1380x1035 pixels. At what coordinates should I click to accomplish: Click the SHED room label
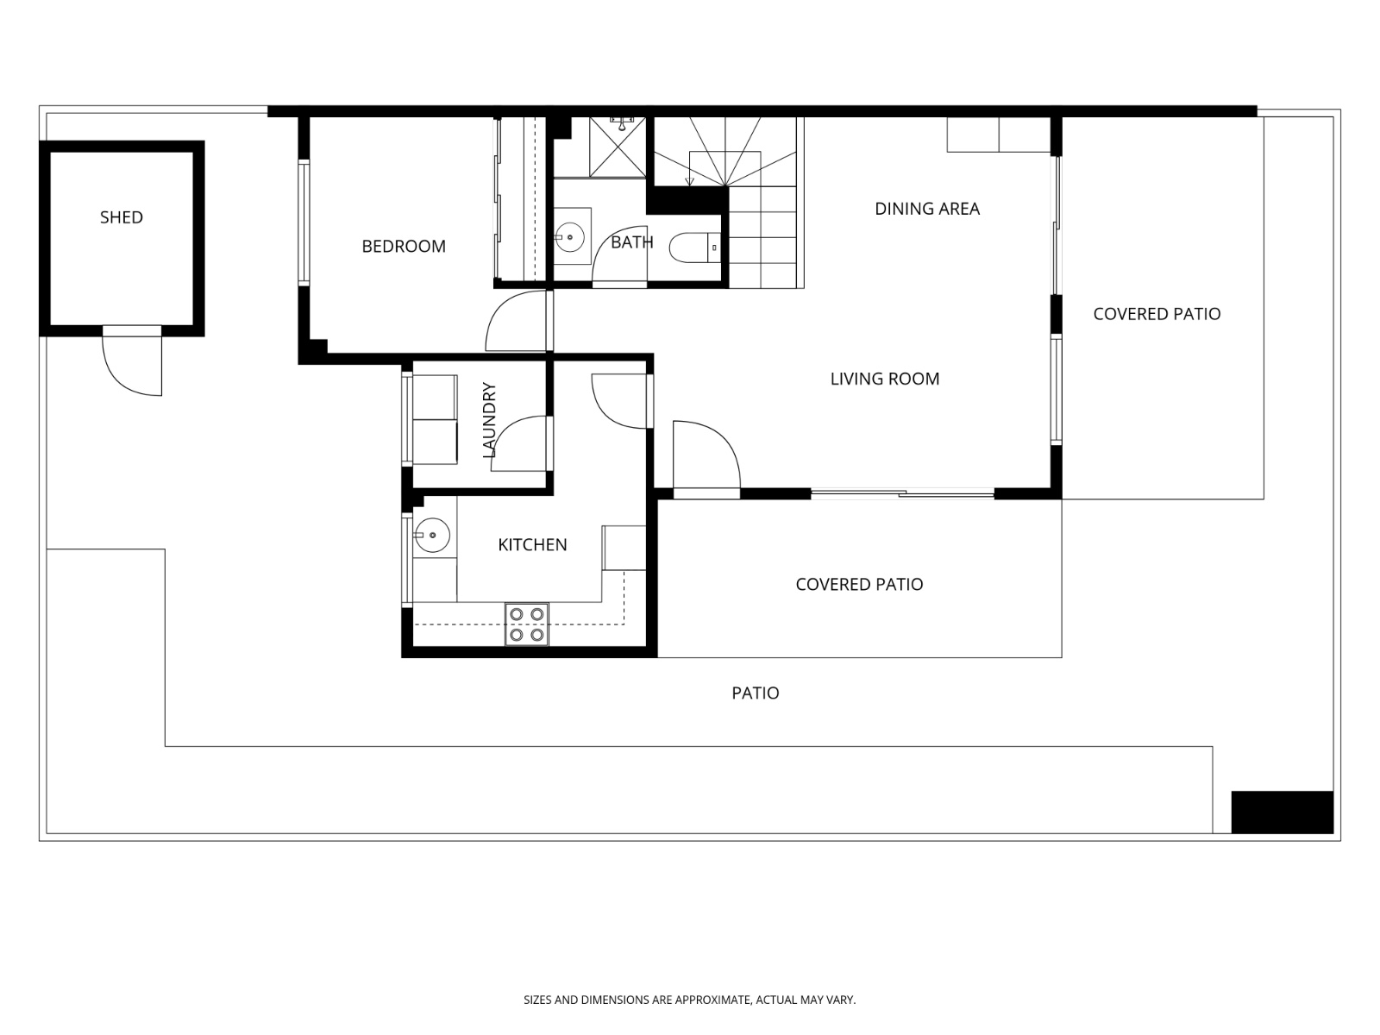coord(121,217)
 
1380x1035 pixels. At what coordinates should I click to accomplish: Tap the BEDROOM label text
coord(404,247)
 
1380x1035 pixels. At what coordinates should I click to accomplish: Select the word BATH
coord(631,242)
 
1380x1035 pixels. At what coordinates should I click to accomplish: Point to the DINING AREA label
coord(927,209)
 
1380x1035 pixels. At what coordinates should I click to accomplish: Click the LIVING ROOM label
coord(885,379)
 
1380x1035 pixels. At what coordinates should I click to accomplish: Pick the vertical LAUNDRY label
coord(489,419)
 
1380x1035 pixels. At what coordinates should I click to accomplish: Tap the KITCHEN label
coord(532,545)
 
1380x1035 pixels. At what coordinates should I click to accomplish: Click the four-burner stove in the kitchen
coord(526,624)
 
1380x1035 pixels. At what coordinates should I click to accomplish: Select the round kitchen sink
coord(431,536)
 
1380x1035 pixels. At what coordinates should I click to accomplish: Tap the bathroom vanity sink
coord(569,235)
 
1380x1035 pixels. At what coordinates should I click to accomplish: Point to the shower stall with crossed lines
coord(617,147)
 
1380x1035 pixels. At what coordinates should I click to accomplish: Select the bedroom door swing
coord(516,321)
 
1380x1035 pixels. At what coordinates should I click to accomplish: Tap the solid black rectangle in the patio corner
coord(1282,812)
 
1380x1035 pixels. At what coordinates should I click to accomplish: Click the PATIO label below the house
coord(756,693)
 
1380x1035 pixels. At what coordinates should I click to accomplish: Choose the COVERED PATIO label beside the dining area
coord(1157,314)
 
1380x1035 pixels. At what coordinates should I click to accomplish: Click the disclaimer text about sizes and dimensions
coord(689,1000)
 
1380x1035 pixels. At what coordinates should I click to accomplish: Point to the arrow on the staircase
coord(688,180)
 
